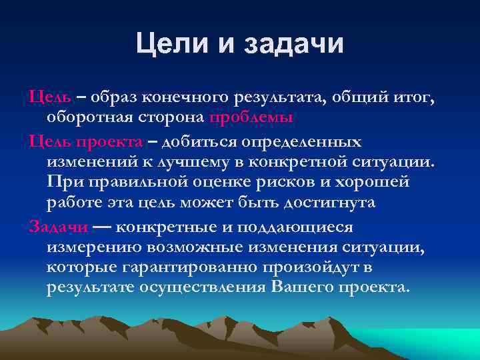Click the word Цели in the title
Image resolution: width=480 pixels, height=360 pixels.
coord(172,45)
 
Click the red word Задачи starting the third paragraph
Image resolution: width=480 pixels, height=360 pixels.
coord(59,227)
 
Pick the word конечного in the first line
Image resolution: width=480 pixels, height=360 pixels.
coord(188,97)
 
